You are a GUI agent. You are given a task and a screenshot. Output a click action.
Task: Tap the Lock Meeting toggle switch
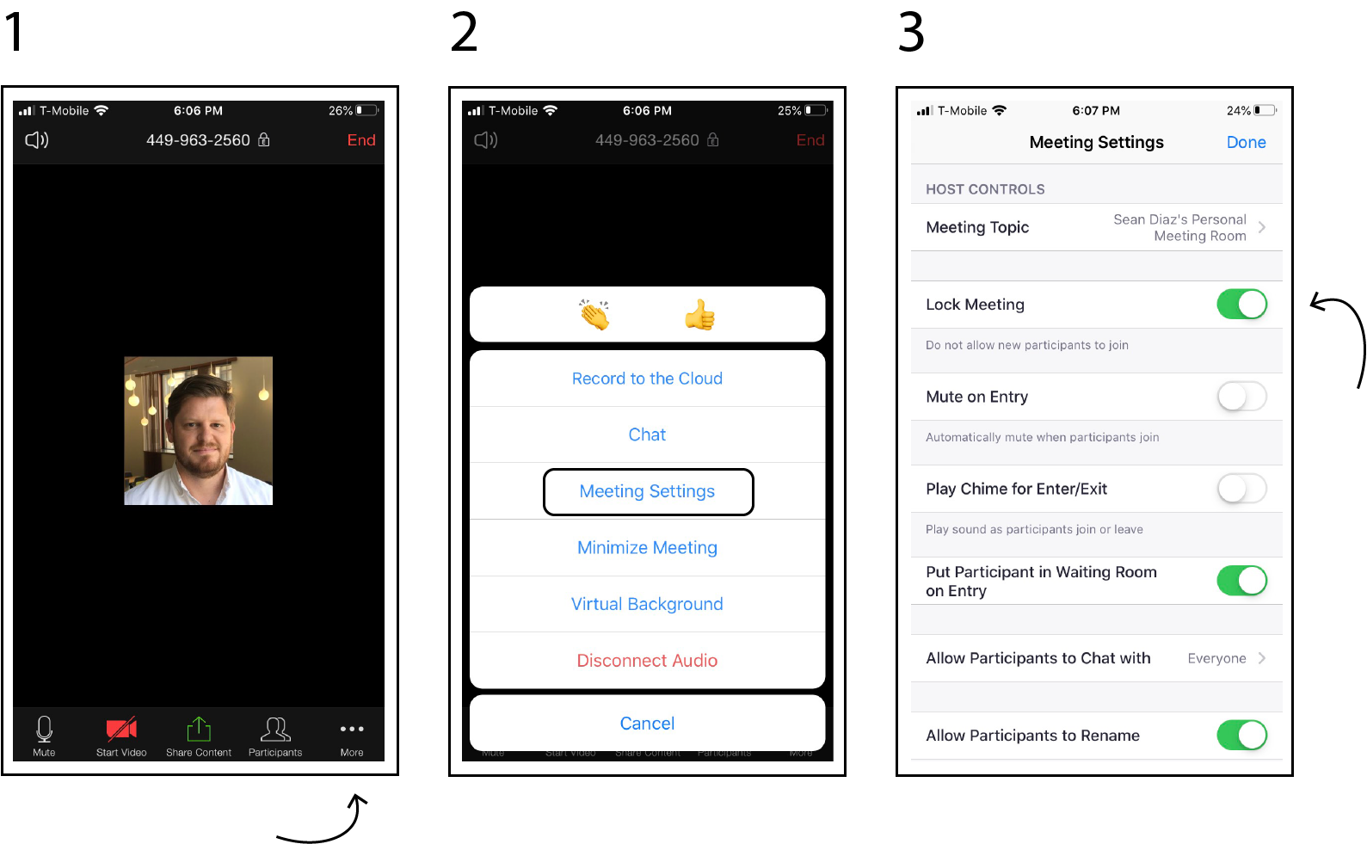coord(1241,304)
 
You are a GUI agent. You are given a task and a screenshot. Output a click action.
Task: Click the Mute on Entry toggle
coord(1241,396)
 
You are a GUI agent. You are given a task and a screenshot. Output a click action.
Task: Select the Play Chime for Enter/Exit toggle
coord(1241,488)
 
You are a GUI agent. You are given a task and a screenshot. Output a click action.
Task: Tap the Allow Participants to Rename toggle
coord(1241,735)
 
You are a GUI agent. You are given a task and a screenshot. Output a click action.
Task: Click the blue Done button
coord(1247,142)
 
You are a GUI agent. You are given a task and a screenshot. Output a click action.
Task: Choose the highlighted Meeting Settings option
coord(648,492)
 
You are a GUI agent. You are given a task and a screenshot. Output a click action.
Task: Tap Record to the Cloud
coord(647,379)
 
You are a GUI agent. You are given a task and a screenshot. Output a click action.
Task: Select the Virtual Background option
coord(647,604)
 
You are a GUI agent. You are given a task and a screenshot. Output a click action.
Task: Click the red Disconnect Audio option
coord(647,660)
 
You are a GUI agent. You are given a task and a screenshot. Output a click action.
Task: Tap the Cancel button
coord(647,724)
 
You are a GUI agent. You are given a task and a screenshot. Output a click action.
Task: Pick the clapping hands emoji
coord(594,315)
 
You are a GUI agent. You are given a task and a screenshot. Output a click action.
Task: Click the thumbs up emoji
coord(699,315)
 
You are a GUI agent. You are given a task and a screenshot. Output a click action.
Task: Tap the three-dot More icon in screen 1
coord(352,729)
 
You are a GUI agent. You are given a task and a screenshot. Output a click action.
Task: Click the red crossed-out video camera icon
coord(121,729)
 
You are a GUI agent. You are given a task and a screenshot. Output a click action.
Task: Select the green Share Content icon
coord(199,729)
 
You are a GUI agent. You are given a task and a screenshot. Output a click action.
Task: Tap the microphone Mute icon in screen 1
coord(44,729)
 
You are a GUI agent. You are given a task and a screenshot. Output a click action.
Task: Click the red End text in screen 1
coord(361,140)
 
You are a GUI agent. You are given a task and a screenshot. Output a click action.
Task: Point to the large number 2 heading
coord(464,32)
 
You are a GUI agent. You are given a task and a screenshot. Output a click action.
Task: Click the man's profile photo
coord(199,431)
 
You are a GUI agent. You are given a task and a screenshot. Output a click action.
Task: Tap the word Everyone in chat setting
coord(1216,658)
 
